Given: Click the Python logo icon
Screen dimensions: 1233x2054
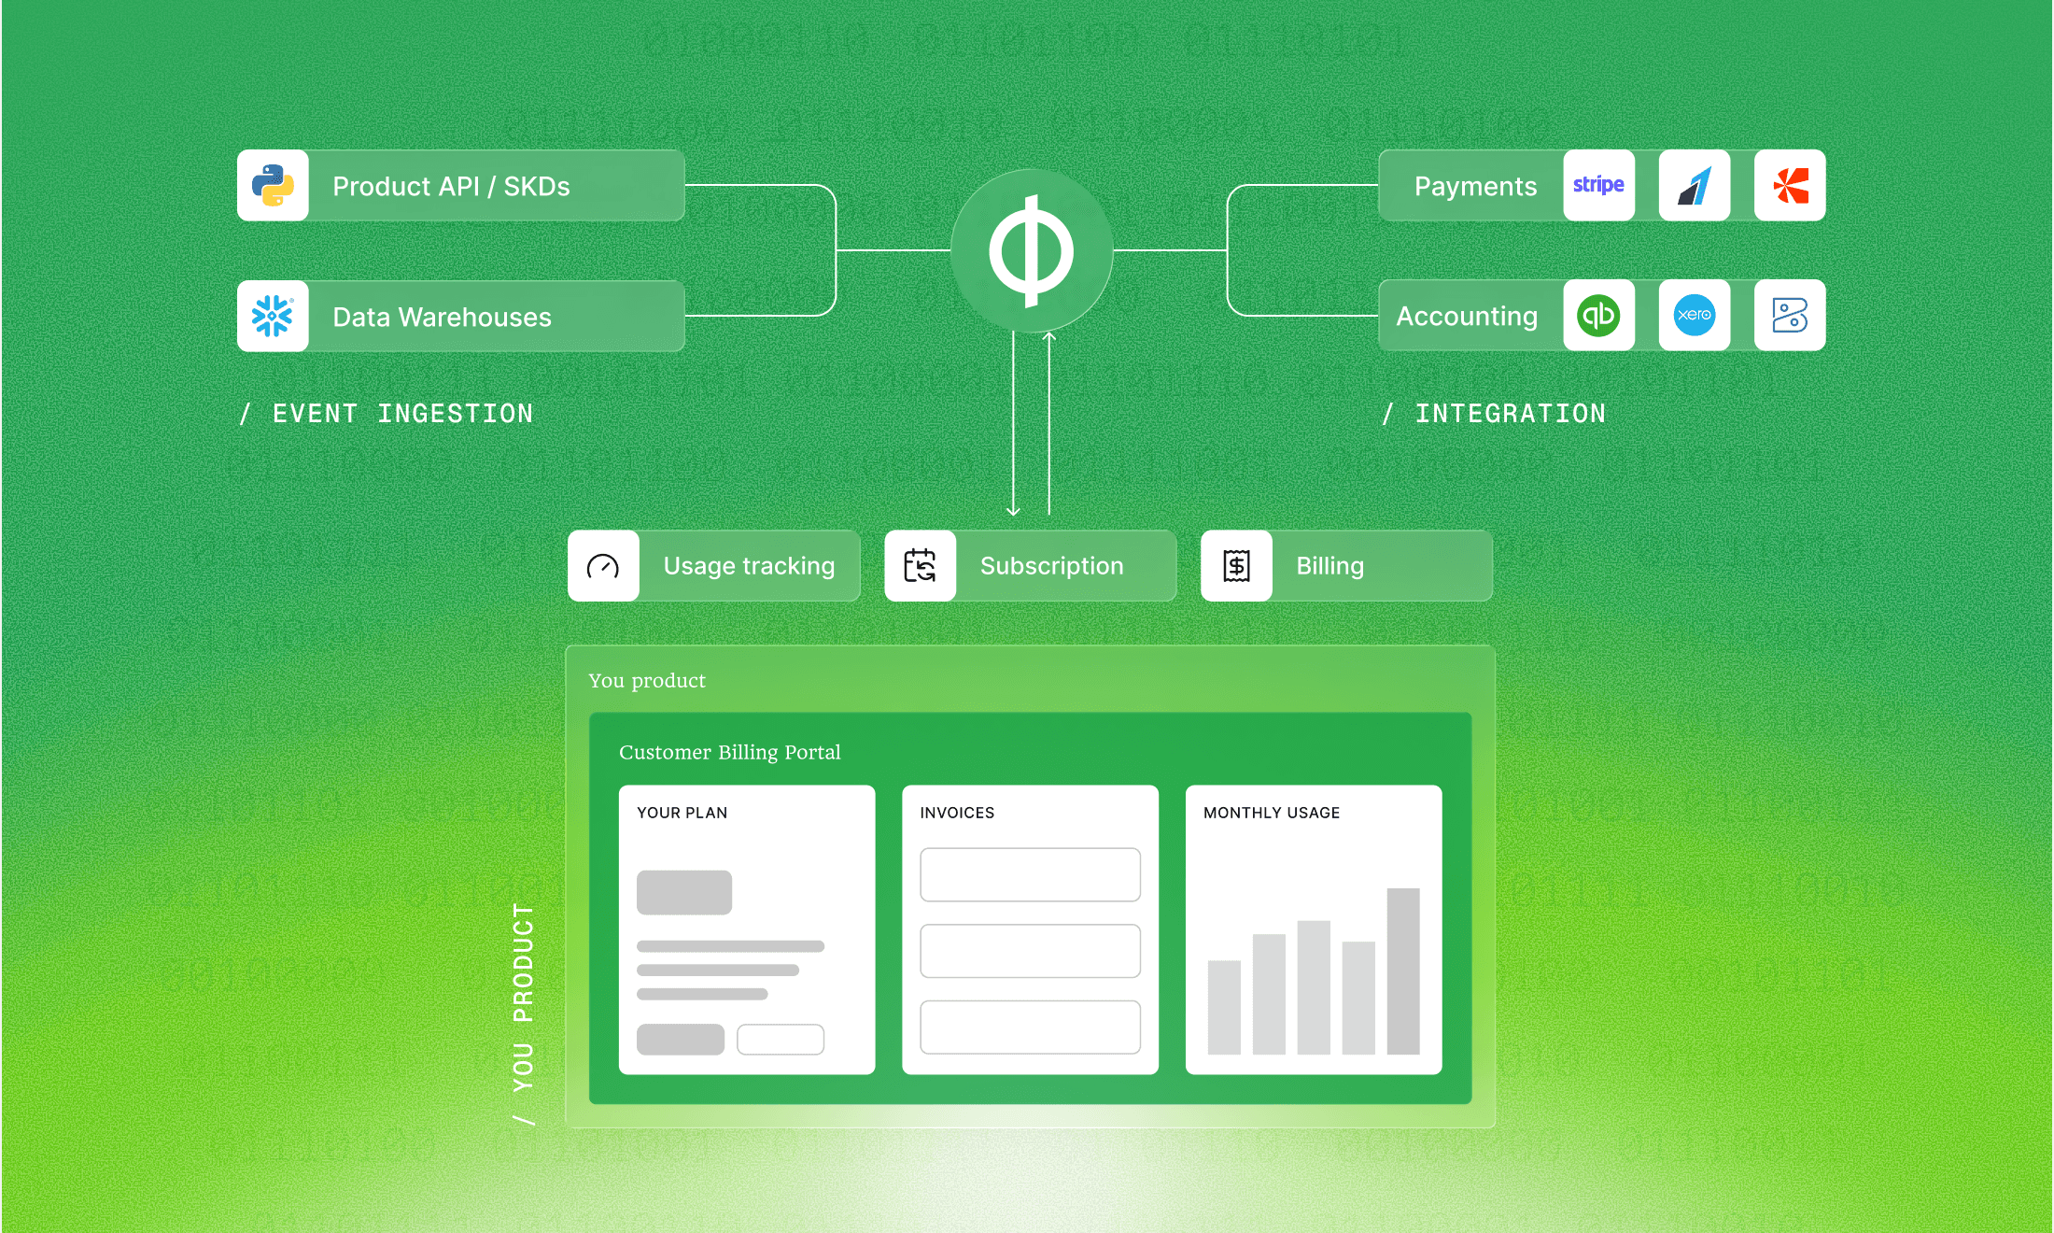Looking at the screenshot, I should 273,185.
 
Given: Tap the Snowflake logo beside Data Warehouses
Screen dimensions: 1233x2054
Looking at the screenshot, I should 273,316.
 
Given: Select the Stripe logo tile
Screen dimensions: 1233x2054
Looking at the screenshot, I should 1598,185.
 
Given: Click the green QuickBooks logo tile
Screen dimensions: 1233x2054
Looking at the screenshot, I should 1598,316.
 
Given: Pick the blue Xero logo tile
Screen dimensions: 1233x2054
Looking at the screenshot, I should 1694,316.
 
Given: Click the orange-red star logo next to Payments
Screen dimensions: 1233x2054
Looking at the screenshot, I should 1790,185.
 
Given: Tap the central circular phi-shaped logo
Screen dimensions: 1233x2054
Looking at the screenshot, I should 1031,250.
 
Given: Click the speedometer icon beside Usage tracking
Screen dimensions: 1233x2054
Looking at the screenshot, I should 603,566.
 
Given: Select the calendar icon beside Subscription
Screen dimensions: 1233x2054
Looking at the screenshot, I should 920,566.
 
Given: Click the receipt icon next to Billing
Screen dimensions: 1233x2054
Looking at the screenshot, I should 1236,566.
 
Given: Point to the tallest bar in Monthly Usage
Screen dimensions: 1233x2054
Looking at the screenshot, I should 1403,971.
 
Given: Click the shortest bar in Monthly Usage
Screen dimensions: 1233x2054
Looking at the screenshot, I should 1224,1007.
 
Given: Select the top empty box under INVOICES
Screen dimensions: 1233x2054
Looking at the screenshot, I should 1030,874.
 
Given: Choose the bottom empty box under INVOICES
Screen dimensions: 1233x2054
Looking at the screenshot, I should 1030,1027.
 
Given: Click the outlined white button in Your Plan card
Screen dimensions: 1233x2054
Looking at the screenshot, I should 781,1040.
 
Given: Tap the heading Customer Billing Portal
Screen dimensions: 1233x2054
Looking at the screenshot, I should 729,752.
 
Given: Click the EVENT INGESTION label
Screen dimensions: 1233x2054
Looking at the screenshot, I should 401,414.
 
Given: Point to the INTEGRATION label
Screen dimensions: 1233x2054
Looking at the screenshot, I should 1509,414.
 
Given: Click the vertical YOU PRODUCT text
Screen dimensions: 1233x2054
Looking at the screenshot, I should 523,999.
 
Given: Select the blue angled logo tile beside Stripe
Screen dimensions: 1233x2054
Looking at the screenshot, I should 1694,185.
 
